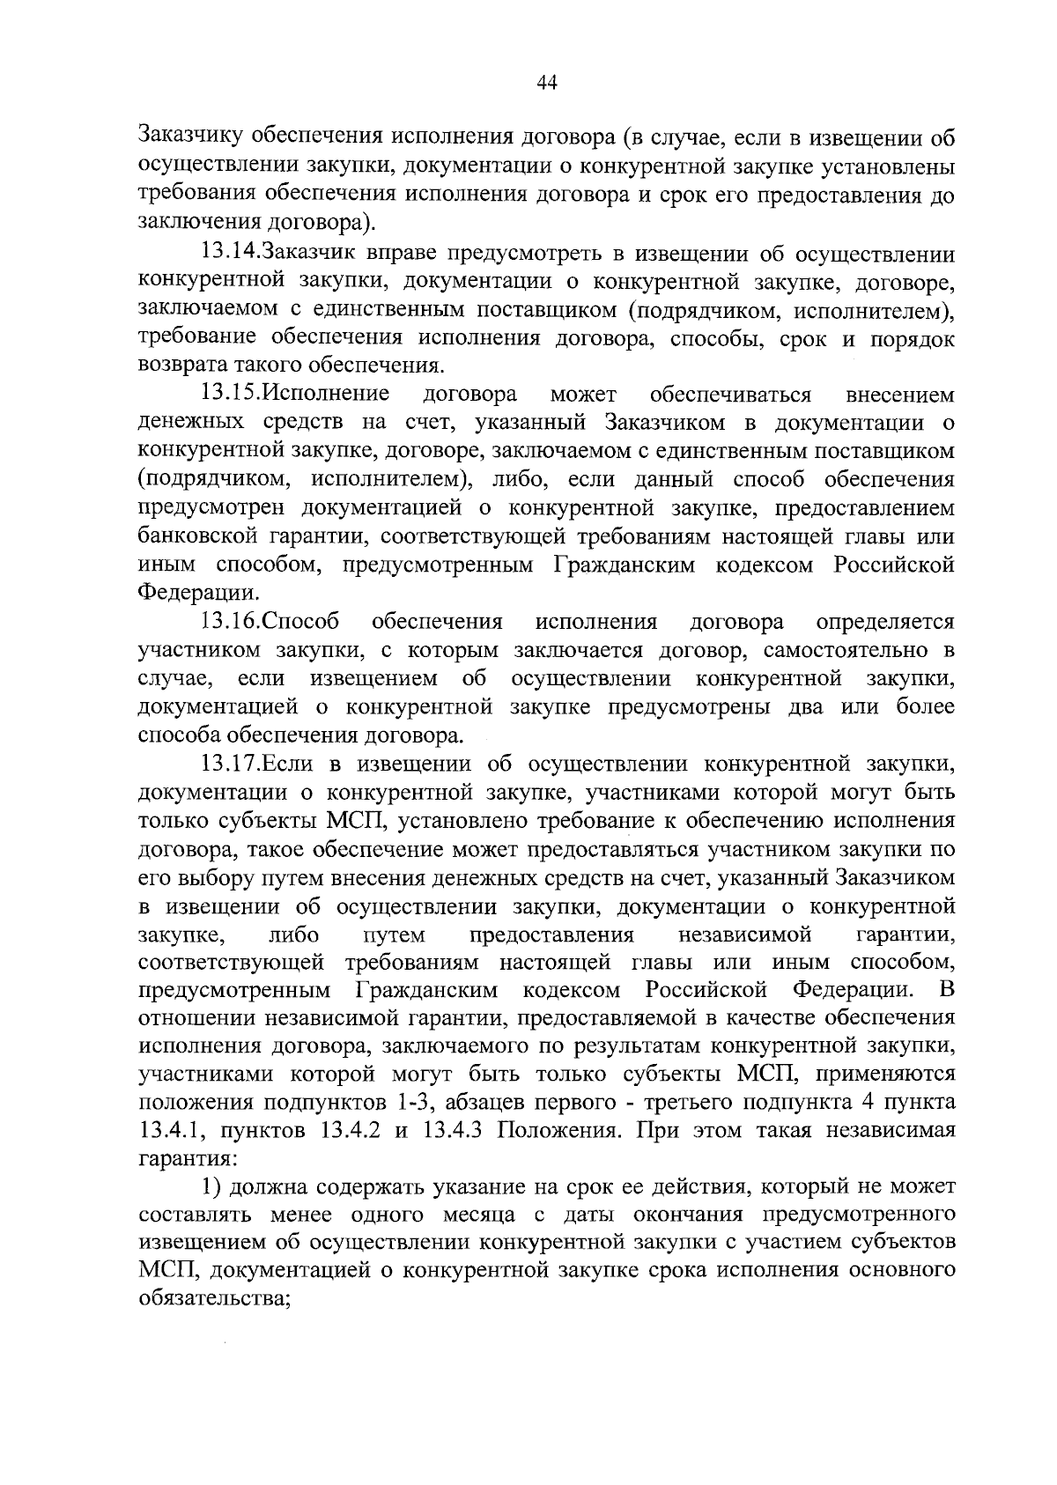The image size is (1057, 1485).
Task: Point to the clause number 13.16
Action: [x=228, y=622]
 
